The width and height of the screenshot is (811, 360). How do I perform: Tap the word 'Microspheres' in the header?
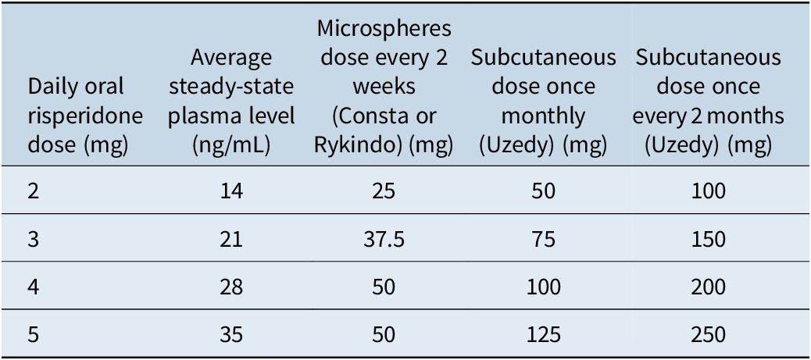point(384,28)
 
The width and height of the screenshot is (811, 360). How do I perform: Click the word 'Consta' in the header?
point(373,116)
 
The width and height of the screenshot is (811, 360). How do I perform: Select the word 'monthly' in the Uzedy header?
point(543,116)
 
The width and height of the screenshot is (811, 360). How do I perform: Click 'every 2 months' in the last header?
point(708,116)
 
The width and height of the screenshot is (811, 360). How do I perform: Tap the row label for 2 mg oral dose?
point(34,191)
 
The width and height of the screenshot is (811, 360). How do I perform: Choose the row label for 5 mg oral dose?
point(34,335)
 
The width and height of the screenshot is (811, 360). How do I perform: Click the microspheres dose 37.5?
point(384,239)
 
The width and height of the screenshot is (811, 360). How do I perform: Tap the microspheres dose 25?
point(384,191)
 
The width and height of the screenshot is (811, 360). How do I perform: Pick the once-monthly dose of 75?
point(543,239)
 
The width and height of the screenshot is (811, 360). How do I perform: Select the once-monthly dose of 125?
point(543,335)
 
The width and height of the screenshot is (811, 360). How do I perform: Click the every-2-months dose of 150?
point(708,239)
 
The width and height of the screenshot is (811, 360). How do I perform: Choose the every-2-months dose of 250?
point(708,335)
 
